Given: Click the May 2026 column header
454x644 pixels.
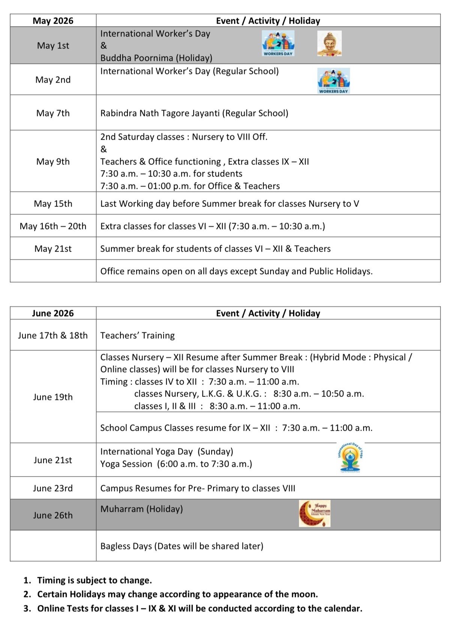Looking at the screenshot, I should tap(53, 21).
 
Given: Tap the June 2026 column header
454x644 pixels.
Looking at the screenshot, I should tap(53, 313).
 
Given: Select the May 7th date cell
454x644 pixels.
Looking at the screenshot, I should tap(53, 113).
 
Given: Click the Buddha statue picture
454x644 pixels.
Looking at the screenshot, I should tap(329, 44).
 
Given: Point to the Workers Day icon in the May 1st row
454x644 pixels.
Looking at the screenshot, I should tap(278, 43).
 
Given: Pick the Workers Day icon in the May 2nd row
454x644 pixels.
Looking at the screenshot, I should tap(334, 80).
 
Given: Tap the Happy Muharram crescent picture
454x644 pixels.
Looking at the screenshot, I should tap(314, 513).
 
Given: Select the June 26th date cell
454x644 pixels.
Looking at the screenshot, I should tap(53, 515).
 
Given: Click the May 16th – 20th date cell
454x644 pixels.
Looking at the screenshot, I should tap(53, 226).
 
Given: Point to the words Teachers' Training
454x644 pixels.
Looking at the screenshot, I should tap(137, 335).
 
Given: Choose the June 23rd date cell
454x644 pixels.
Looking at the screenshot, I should tap(53, 488).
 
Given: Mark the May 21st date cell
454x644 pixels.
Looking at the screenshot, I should tap(53, 249).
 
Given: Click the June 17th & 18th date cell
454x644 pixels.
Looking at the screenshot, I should tap(53, 335).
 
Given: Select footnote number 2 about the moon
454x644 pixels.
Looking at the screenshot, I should tap(177, 594).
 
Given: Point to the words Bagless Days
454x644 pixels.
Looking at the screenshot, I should tap(126, 546).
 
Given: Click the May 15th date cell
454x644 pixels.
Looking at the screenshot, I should tap(53, 204).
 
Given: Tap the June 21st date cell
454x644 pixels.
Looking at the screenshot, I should tap(53, 460).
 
